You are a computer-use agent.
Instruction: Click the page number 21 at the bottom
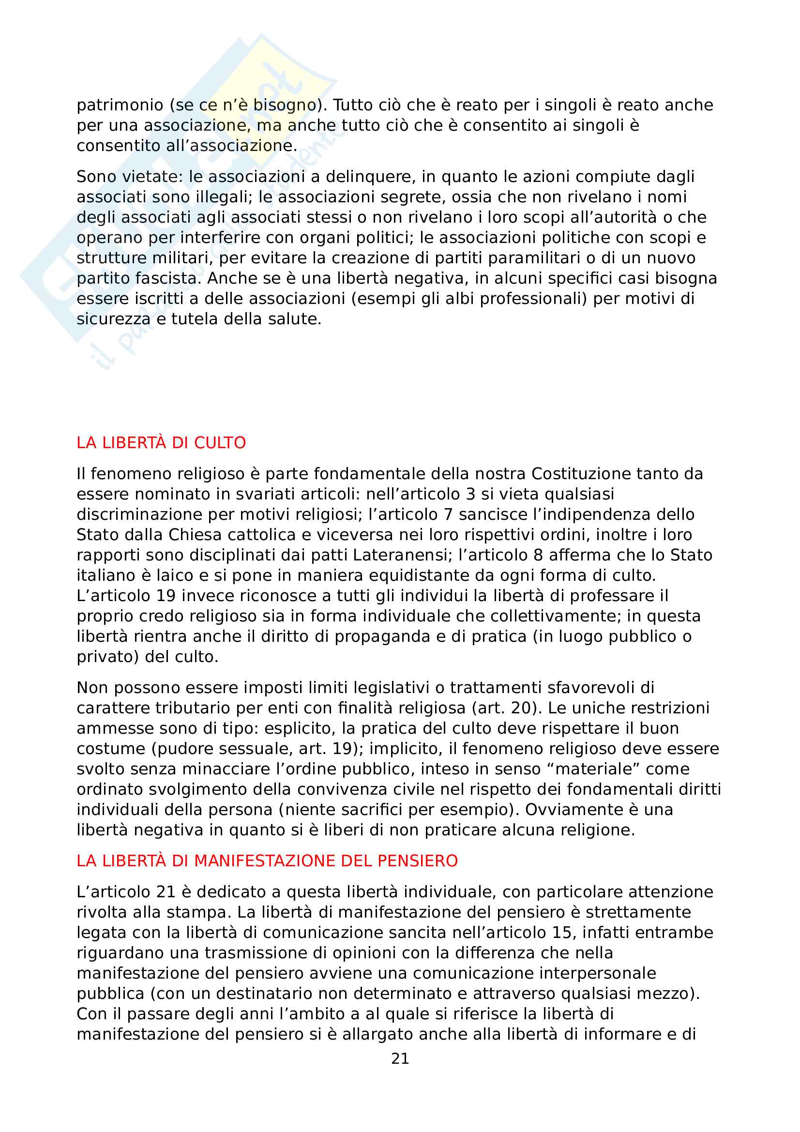click(400, 1058)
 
